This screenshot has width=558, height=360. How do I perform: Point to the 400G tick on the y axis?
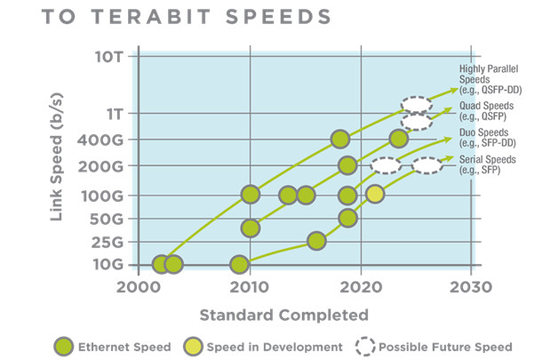tap(110, 140)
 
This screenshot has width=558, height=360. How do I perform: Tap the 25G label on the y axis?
tap(114, 241)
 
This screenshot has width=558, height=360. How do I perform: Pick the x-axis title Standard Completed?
tap(283, 315)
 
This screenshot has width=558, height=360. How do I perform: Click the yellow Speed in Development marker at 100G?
tap(375, 195)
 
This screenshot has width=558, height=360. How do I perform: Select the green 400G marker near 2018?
tap(339, 139)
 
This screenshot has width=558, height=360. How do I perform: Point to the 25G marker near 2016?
tap(316, 241)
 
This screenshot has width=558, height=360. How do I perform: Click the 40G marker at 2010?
tap(251, 228)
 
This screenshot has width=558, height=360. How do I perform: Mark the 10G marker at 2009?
tap(239, 264)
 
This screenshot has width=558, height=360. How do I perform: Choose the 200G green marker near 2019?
tap(347, 165)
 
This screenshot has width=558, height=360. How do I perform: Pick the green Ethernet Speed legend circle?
tap(64, 347)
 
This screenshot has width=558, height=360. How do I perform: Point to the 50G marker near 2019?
tap(347, 218)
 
